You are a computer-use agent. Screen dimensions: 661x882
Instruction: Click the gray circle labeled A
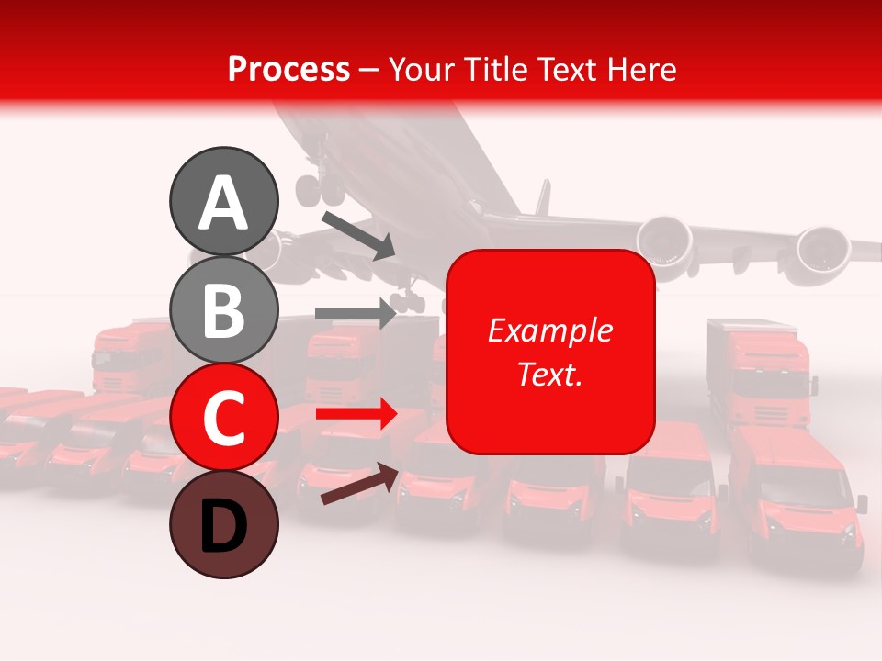click(x=223, y=201)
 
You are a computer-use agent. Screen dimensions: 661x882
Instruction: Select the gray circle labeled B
click(x=223, y=309)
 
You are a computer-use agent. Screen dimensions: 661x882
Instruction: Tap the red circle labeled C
click(x=223, y=418)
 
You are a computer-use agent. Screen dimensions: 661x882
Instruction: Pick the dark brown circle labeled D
click(x=223, y=525)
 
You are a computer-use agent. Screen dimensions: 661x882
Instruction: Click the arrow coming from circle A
click(x=358, y=235)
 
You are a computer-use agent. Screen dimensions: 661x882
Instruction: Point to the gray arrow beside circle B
click(x=356, y=313)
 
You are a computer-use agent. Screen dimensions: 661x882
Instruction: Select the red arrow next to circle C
click(x=356, y=414)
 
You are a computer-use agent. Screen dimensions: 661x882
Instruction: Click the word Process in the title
click(x=288, y=69)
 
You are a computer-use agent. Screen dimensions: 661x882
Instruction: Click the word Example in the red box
click(x=549, y=330)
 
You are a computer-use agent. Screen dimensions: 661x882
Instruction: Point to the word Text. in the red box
click(x=549, y=374)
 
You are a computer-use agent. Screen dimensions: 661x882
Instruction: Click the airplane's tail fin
click(x=543, y=196)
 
